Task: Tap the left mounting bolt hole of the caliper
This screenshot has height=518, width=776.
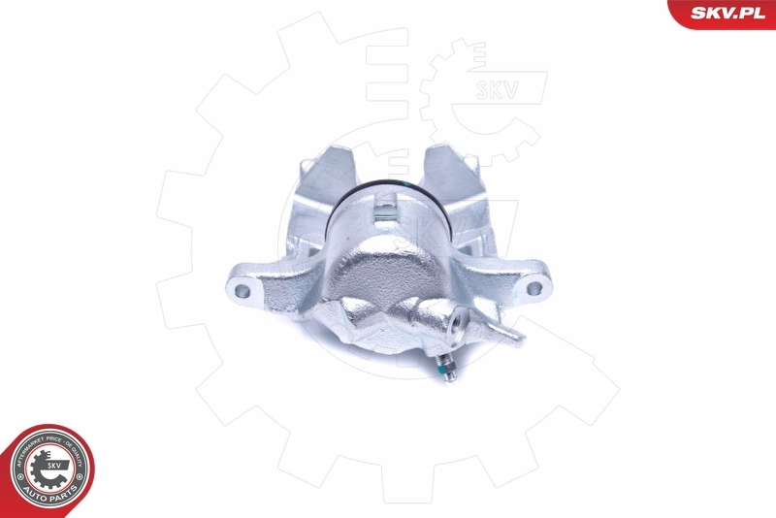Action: click(x=241, y=289)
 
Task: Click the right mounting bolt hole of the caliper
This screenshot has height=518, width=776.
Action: click(x=532, y=287)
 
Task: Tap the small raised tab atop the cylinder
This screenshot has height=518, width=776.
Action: click(x=385, y=208)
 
